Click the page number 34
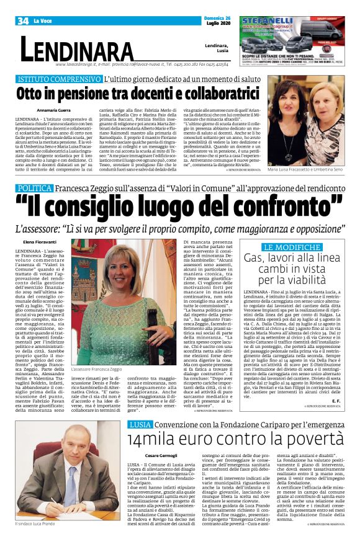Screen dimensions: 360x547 coord(23,21)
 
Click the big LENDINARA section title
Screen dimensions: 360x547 coord(78,49)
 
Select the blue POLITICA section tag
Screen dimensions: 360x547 coord(35,187)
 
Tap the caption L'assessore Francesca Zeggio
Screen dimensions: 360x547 coord(102,370)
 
